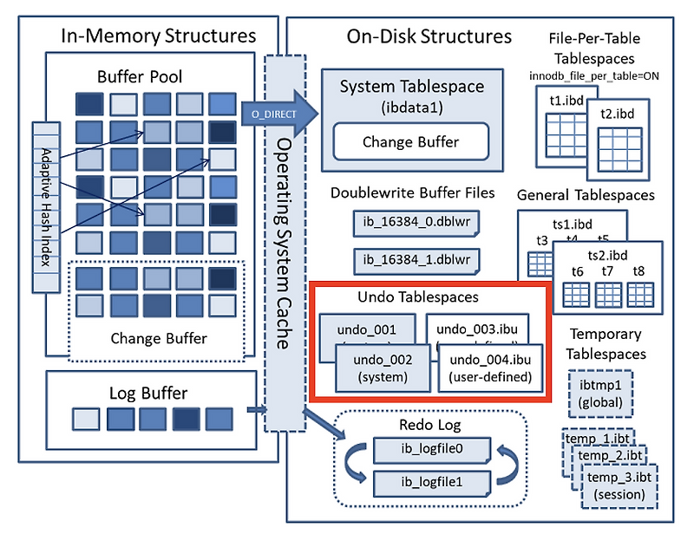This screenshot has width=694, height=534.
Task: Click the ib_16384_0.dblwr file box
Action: point(416,222)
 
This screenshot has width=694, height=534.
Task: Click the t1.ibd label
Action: point(566,101)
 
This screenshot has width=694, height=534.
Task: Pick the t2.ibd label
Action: point(617,114)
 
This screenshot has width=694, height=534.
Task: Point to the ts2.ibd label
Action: point(607,255)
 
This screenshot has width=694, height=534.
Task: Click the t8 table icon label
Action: point(638,271)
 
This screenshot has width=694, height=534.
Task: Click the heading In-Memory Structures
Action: point(158,36)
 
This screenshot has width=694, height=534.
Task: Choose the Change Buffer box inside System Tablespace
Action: point(411,142)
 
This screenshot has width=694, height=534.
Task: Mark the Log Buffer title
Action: point(148,393)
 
